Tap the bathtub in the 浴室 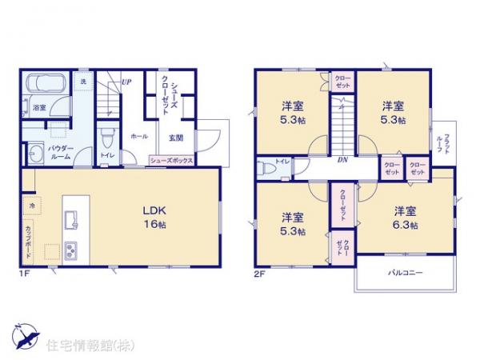[46, 83]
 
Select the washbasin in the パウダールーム [35, 153]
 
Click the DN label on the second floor [342, 160]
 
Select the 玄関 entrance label [175, 138]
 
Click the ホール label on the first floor [138, 137]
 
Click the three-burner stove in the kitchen [70, 250]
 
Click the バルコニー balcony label [407, 273]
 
